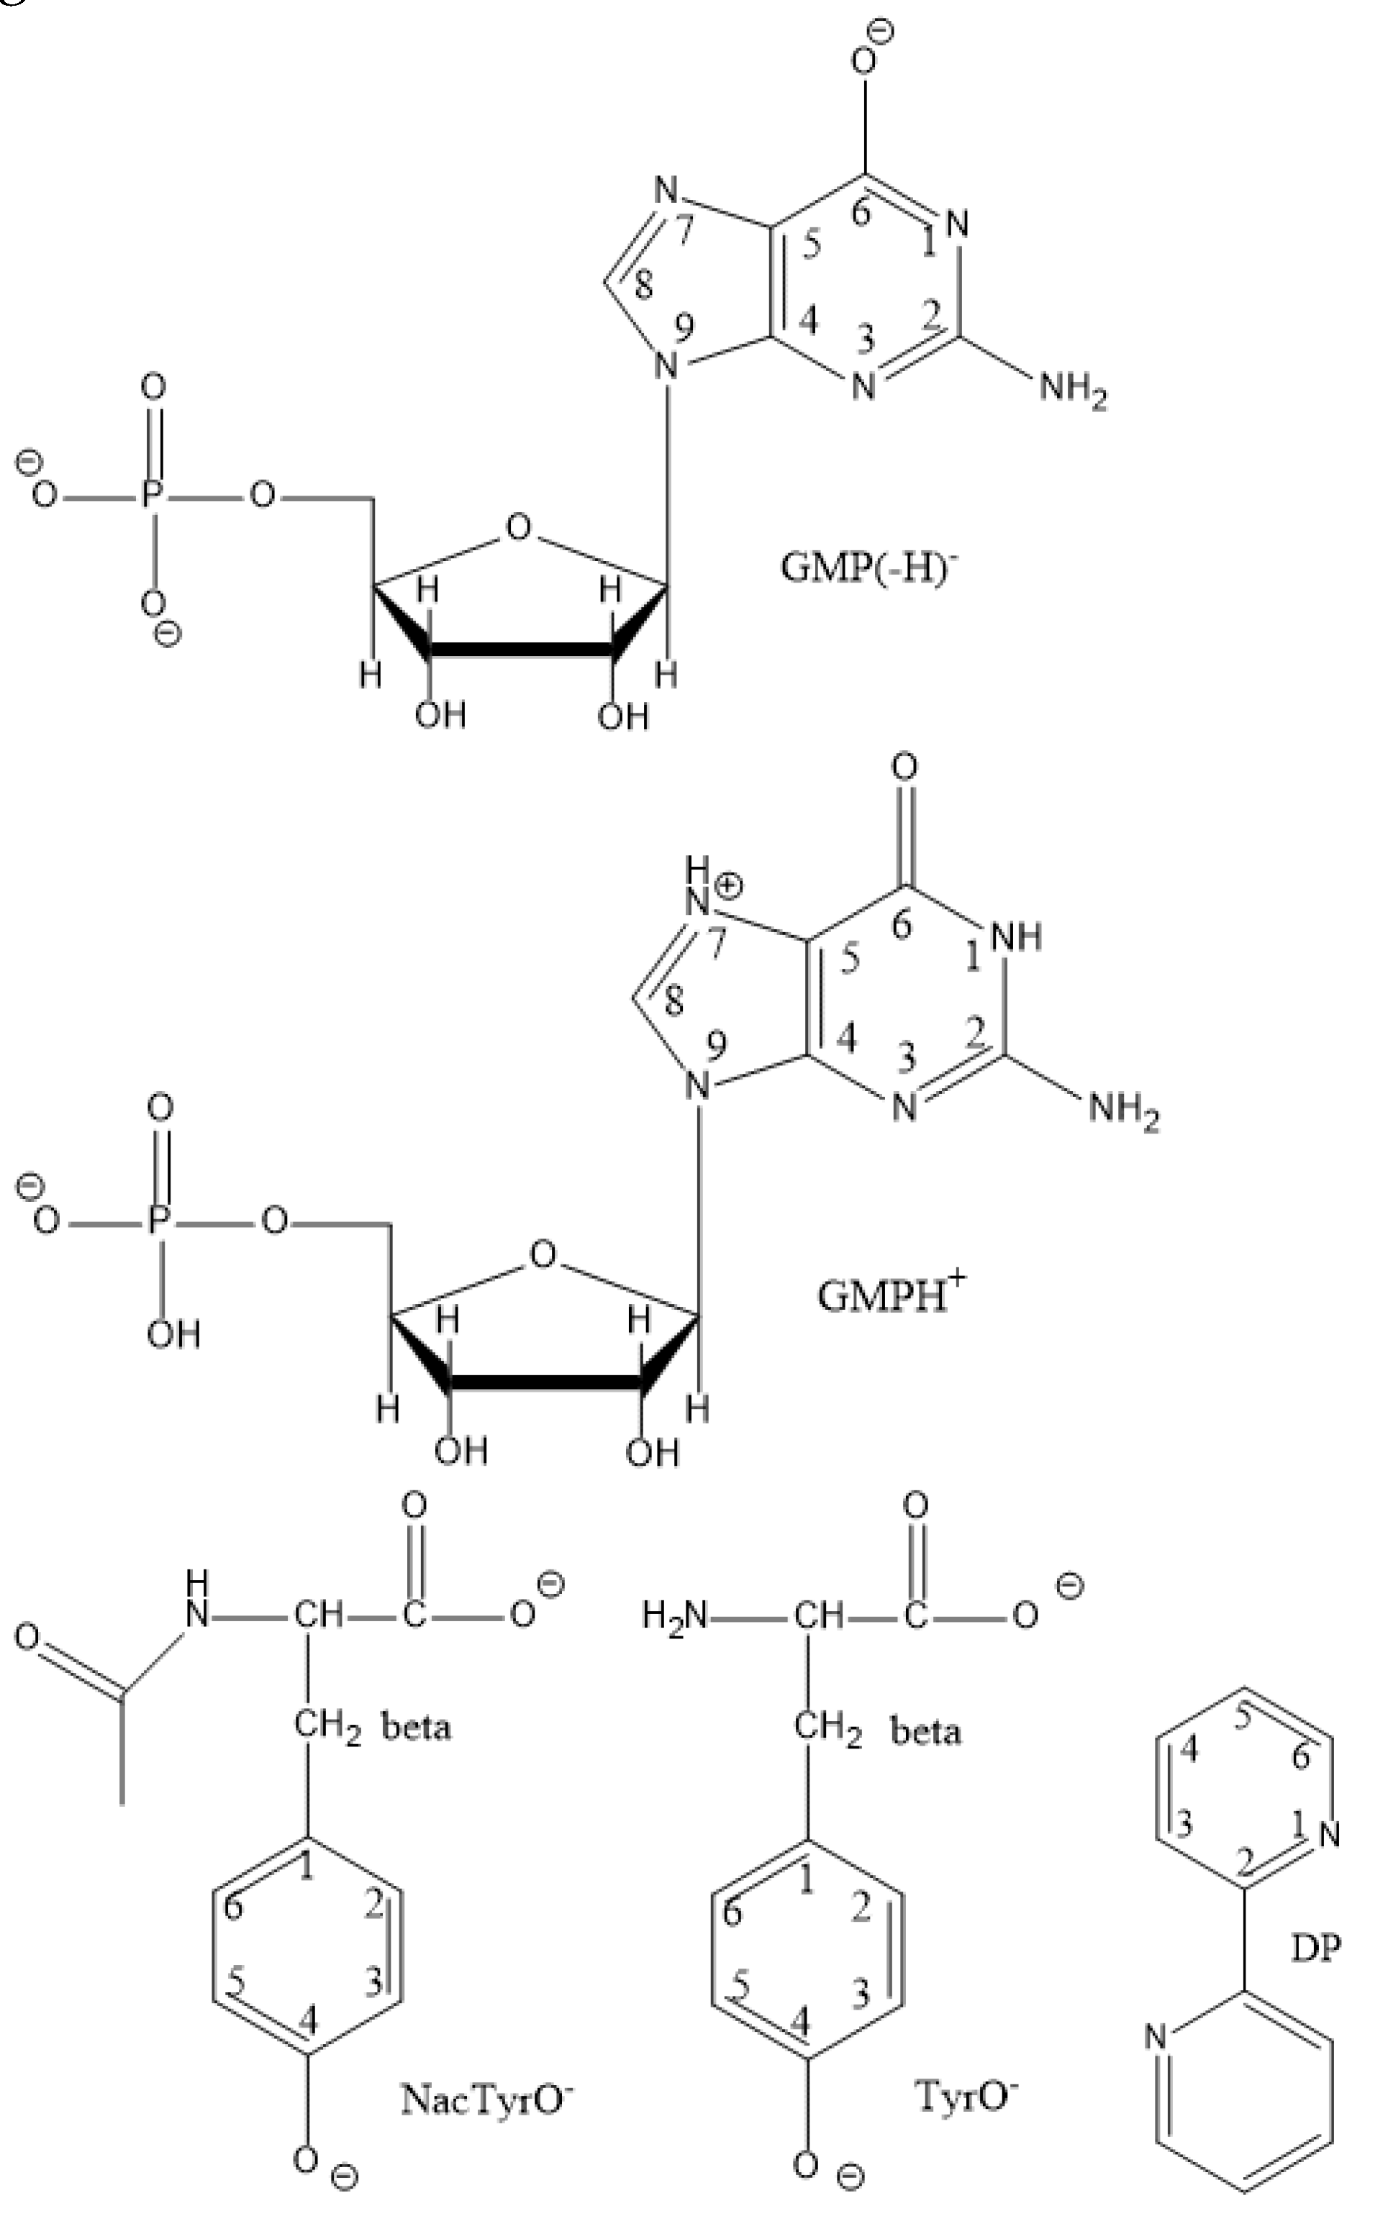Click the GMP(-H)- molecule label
(x=868, y=566)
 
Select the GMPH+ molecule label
(x=891, y=1294)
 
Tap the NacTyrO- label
(x=487, y=2097)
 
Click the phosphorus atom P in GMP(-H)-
(x=153, y=496)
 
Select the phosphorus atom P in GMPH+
(x=160, y=1221)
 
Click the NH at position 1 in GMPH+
(x=1015, y=937)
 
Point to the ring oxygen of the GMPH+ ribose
(x=543, y=1254)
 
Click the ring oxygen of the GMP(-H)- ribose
(x=519, y=528)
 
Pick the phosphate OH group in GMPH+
(x=173, y=1333)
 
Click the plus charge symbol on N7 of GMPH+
(x=728, y=885)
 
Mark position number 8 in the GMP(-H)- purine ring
(x=643, y=286)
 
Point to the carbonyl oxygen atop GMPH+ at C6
(x=905, y=766)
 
